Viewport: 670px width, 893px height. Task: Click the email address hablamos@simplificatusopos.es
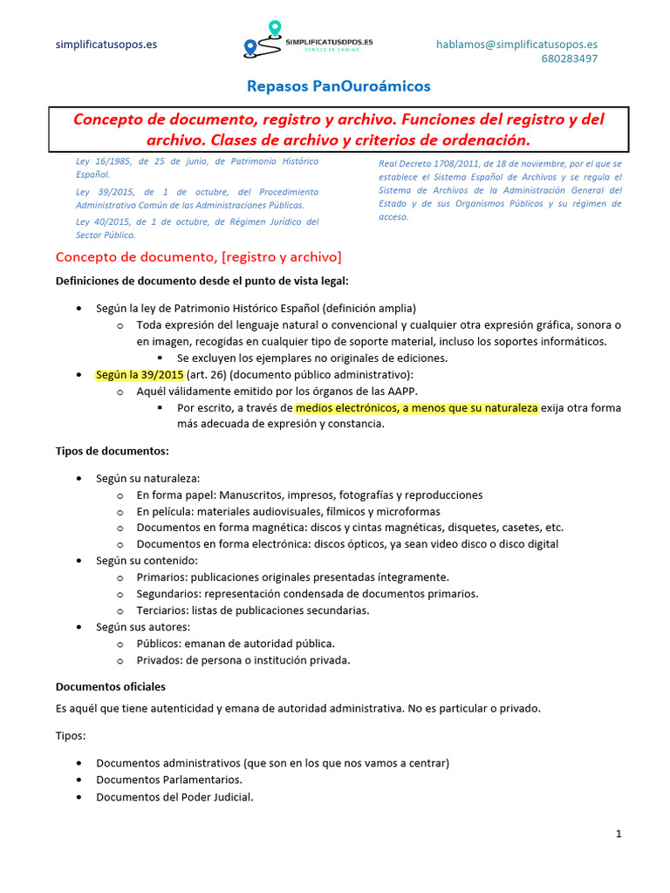click(x=516, y=44)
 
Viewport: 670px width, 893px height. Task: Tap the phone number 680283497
click(x=569, y=58)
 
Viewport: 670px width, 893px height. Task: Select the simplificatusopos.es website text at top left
click(x=106, y=44)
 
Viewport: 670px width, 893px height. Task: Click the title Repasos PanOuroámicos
click(x=338, y=86)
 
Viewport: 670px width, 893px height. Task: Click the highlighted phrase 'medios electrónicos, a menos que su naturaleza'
click(x=417, y=407)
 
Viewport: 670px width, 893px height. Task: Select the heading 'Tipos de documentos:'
click(x=113, y=451)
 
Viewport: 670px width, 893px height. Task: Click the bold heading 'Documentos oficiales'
click(x=110, y=686)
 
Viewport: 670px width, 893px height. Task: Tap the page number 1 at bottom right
click(x=619, y=835)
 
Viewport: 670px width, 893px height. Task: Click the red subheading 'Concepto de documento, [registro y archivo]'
click(x=198, y=257)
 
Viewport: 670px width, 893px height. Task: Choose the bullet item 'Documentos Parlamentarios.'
click(x=169, y=779)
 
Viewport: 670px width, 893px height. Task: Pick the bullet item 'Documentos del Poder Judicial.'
click(x=174, y=796)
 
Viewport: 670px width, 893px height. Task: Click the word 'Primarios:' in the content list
click(x=162, y=576)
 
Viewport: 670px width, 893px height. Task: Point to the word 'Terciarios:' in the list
click(x=163, y=610)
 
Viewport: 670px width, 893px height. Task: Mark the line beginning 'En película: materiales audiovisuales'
click(x=288, y=511)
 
